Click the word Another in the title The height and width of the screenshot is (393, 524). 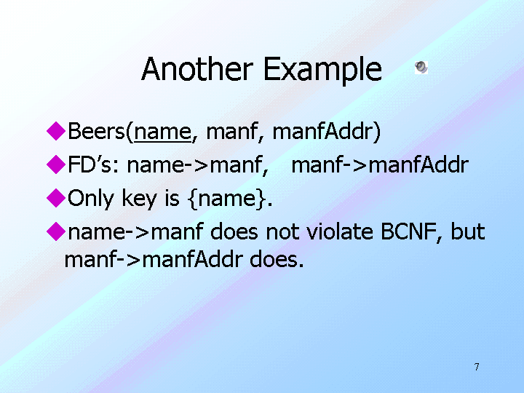coord(197,69)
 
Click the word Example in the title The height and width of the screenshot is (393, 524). coord(323,70)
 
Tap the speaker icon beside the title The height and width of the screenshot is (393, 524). coord(421,67)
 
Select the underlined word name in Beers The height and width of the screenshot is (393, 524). coord(163,131)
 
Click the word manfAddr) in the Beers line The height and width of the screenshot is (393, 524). coord(327,131)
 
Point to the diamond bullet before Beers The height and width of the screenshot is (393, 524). coord(56,131)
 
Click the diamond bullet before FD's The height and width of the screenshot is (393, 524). coord(56,164)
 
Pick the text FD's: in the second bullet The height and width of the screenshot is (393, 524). coord(93,164)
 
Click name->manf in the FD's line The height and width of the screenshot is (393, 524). coord(197,165)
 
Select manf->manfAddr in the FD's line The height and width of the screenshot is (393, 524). coord(380,164)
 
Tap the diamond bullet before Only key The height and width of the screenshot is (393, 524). coord(56,197)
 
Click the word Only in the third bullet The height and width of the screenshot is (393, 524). coord(91,199)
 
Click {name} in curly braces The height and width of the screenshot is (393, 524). coord(227,199)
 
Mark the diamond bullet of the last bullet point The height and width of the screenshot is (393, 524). coord(56,231)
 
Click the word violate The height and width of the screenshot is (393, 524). coord(340,231)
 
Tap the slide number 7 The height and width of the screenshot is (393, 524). coord(477,367)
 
